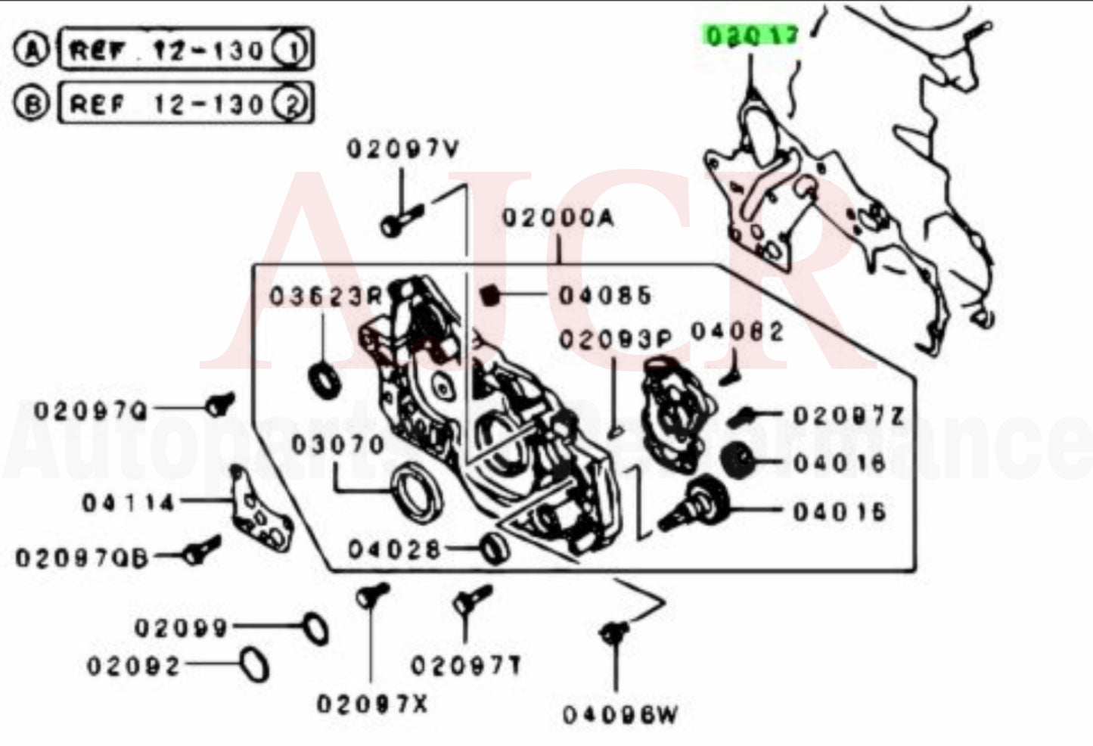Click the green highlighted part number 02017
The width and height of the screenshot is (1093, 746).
click(750, 35)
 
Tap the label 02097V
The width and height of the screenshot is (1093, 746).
click(402, 149)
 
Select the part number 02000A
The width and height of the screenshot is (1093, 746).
click(558, 218)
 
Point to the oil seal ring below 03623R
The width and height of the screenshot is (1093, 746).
click(325, 379)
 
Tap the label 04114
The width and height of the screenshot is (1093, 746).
click(129, 502)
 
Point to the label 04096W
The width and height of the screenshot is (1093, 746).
click(620, 714)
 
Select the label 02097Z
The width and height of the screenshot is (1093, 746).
click(848, 415)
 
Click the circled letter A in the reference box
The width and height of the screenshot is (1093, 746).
click(32, 50)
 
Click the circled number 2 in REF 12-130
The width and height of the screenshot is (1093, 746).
click(291, 104)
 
